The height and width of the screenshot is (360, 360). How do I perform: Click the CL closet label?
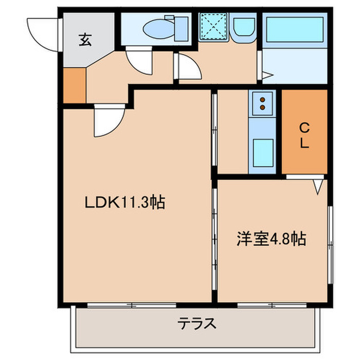(304, 135)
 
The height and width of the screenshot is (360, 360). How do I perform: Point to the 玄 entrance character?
(85, 40)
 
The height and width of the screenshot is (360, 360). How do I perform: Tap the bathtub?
(295, 29)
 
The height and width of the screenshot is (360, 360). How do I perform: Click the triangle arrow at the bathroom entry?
(266, 76)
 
